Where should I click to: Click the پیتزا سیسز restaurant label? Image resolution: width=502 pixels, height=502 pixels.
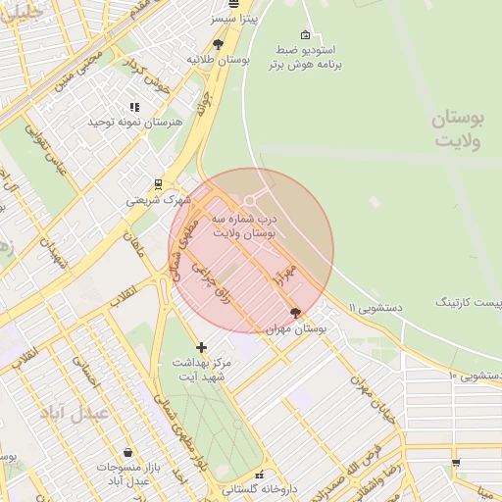pos(233,19)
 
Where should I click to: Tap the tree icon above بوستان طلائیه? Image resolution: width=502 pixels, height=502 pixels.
pos(218,44)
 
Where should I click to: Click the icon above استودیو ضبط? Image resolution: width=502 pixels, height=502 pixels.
pos(304,34)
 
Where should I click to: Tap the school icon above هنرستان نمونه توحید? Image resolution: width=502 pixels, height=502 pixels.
pos(134,107)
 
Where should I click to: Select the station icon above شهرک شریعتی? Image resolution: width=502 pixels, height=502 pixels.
pos(158,183)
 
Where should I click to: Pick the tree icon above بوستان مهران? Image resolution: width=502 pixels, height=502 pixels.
pos(296,313)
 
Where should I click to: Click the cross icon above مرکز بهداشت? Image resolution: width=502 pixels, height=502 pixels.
pos(201,347)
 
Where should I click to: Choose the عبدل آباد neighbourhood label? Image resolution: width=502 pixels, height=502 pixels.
pos(74,413)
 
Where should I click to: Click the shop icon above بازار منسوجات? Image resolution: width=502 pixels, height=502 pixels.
pos(127,452)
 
